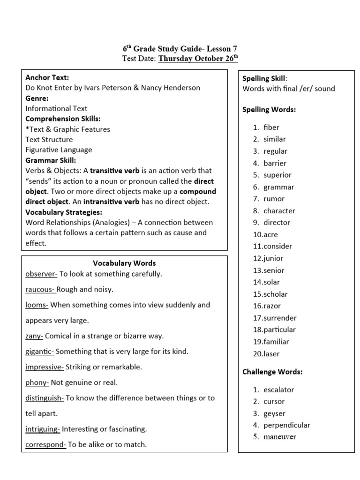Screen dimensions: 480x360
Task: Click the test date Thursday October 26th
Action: pyautogui.click(x=198, y=58)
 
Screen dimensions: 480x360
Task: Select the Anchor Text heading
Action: pyautogui.click(x=47, y=77)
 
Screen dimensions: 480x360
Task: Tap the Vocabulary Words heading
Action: pyautogui.click(x=124, y=263)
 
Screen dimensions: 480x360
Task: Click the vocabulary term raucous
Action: pyautogui.click(x=40, y=289)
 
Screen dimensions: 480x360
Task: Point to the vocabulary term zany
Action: pyautogui.click(x=34, y=336)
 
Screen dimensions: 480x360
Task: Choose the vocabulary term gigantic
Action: pyautogui.click(x=39, y=351)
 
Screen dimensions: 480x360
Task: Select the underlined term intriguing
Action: pyautogui.click(x=42, y=428)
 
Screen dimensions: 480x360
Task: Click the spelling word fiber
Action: pyautogui.click(x=271, y=127)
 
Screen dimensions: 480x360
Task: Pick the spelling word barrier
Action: pyautogui.click(x=275, y=163)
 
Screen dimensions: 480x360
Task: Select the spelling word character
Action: pyautogui.click(x=279, y=211)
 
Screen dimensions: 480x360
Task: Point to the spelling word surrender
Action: pyautogui.click(x=280, y=318)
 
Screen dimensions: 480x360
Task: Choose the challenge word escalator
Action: pyautogui.click(x=278, y=390)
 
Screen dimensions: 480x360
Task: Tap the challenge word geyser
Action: pyautogui.click(x=274, y=413)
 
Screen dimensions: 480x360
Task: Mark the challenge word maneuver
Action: pyautogui.click(x=279, y=437)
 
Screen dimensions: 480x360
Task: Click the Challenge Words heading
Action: pyautogui.click(x=272, y=372)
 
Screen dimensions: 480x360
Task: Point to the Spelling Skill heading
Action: pyautogui.click(x=264, y=78)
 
